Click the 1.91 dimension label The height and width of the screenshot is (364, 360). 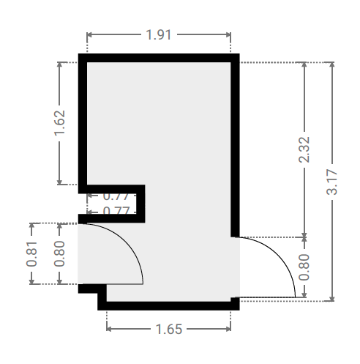pos(159,34)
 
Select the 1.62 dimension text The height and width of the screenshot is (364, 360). pos(59,123)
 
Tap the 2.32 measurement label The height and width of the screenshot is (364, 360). pos(304,149)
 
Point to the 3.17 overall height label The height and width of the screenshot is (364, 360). pos(331,182)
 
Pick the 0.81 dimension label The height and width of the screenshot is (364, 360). pos(31,254)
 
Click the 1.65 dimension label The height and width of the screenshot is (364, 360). pos(169,329)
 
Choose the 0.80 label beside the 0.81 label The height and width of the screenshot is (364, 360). pos(59,253)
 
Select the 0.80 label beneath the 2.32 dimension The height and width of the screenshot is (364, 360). pos(304,267)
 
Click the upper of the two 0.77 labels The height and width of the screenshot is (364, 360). pos(116,196)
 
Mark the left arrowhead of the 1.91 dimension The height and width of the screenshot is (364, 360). pos(89,34)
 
